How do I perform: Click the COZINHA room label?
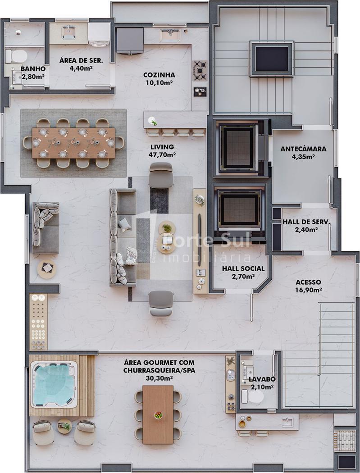pos(159,75)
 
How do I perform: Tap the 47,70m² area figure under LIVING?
pos(162,155)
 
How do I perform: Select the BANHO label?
pos(33,69)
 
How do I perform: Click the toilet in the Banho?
pos(17,56)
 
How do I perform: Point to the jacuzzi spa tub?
pos(54,384)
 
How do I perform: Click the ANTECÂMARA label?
pos(303,149)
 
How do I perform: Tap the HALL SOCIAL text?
pos(243,268)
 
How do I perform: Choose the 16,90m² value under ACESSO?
pos(308,290)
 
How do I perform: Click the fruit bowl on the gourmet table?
pos(159,415)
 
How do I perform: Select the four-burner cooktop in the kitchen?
pos(200,71)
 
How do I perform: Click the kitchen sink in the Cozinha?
pos(170,35)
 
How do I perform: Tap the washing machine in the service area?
pos(99,34)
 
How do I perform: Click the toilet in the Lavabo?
pos(253,396)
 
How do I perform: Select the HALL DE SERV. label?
pos(306,222)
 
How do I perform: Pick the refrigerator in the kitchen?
pos(130,41)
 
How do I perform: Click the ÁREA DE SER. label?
pos(81,60)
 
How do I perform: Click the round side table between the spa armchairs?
pos(64,426)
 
